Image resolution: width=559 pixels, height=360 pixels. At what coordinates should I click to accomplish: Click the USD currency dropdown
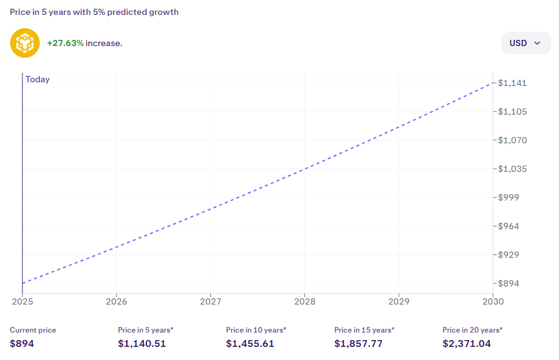[x=525, y=43]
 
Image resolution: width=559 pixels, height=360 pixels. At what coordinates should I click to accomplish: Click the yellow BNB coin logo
[x=25, y=43]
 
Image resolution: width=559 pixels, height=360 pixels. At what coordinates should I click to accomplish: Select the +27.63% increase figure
[x=65, y=43]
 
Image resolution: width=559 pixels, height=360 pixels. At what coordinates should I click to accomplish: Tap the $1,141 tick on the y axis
[x=512, y=83]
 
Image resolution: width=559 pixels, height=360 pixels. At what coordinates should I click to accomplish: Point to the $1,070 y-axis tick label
[x=512, y=140]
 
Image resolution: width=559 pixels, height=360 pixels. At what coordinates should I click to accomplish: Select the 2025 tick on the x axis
[x=22, y=301]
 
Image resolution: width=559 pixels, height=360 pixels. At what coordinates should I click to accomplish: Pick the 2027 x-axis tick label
[x=210, y=301]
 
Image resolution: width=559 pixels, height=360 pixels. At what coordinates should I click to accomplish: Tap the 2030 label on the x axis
[x=492, y=301]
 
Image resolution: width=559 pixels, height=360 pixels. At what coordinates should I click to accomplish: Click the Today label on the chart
[x=38, y=80]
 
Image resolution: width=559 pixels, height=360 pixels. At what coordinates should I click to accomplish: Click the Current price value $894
[x=22, y=343]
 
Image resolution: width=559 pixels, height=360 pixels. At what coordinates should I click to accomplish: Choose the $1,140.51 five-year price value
[x=142, y=343]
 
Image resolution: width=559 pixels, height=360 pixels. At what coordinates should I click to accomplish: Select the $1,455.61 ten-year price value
[x=250, y=343]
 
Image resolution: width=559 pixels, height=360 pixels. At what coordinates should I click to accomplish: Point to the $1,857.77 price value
[x=359, y=343]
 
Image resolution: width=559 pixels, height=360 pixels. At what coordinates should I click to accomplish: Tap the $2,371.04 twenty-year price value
[x=467, y=343]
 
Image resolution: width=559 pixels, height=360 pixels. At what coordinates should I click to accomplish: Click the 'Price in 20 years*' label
[x=472, y=329]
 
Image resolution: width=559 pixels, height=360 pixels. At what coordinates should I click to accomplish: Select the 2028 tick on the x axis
[x=304, y=301]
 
